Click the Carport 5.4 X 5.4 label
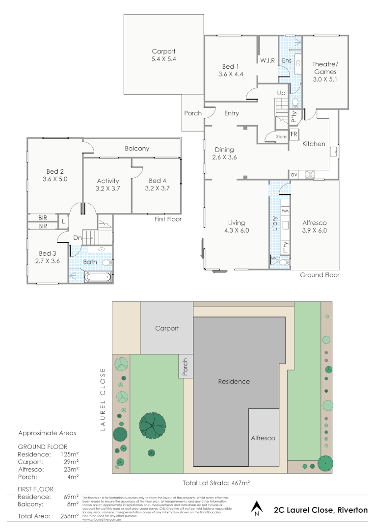point(163,55)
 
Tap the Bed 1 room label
point(231,70)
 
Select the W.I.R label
point(267,60)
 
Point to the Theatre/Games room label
point(325,71)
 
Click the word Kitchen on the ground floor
point(314,144)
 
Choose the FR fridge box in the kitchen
point(294,134)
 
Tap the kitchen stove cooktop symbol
point(310,174)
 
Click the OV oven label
point(294,174)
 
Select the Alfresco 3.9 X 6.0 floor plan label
point(314,226)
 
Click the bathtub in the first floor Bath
point(98,277)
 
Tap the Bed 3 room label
point(48,257)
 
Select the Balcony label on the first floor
point(137,148)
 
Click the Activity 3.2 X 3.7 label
point(108,185)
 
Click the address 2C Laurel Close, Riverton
point(321,510)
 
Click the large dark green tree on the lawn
point(153,424)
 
